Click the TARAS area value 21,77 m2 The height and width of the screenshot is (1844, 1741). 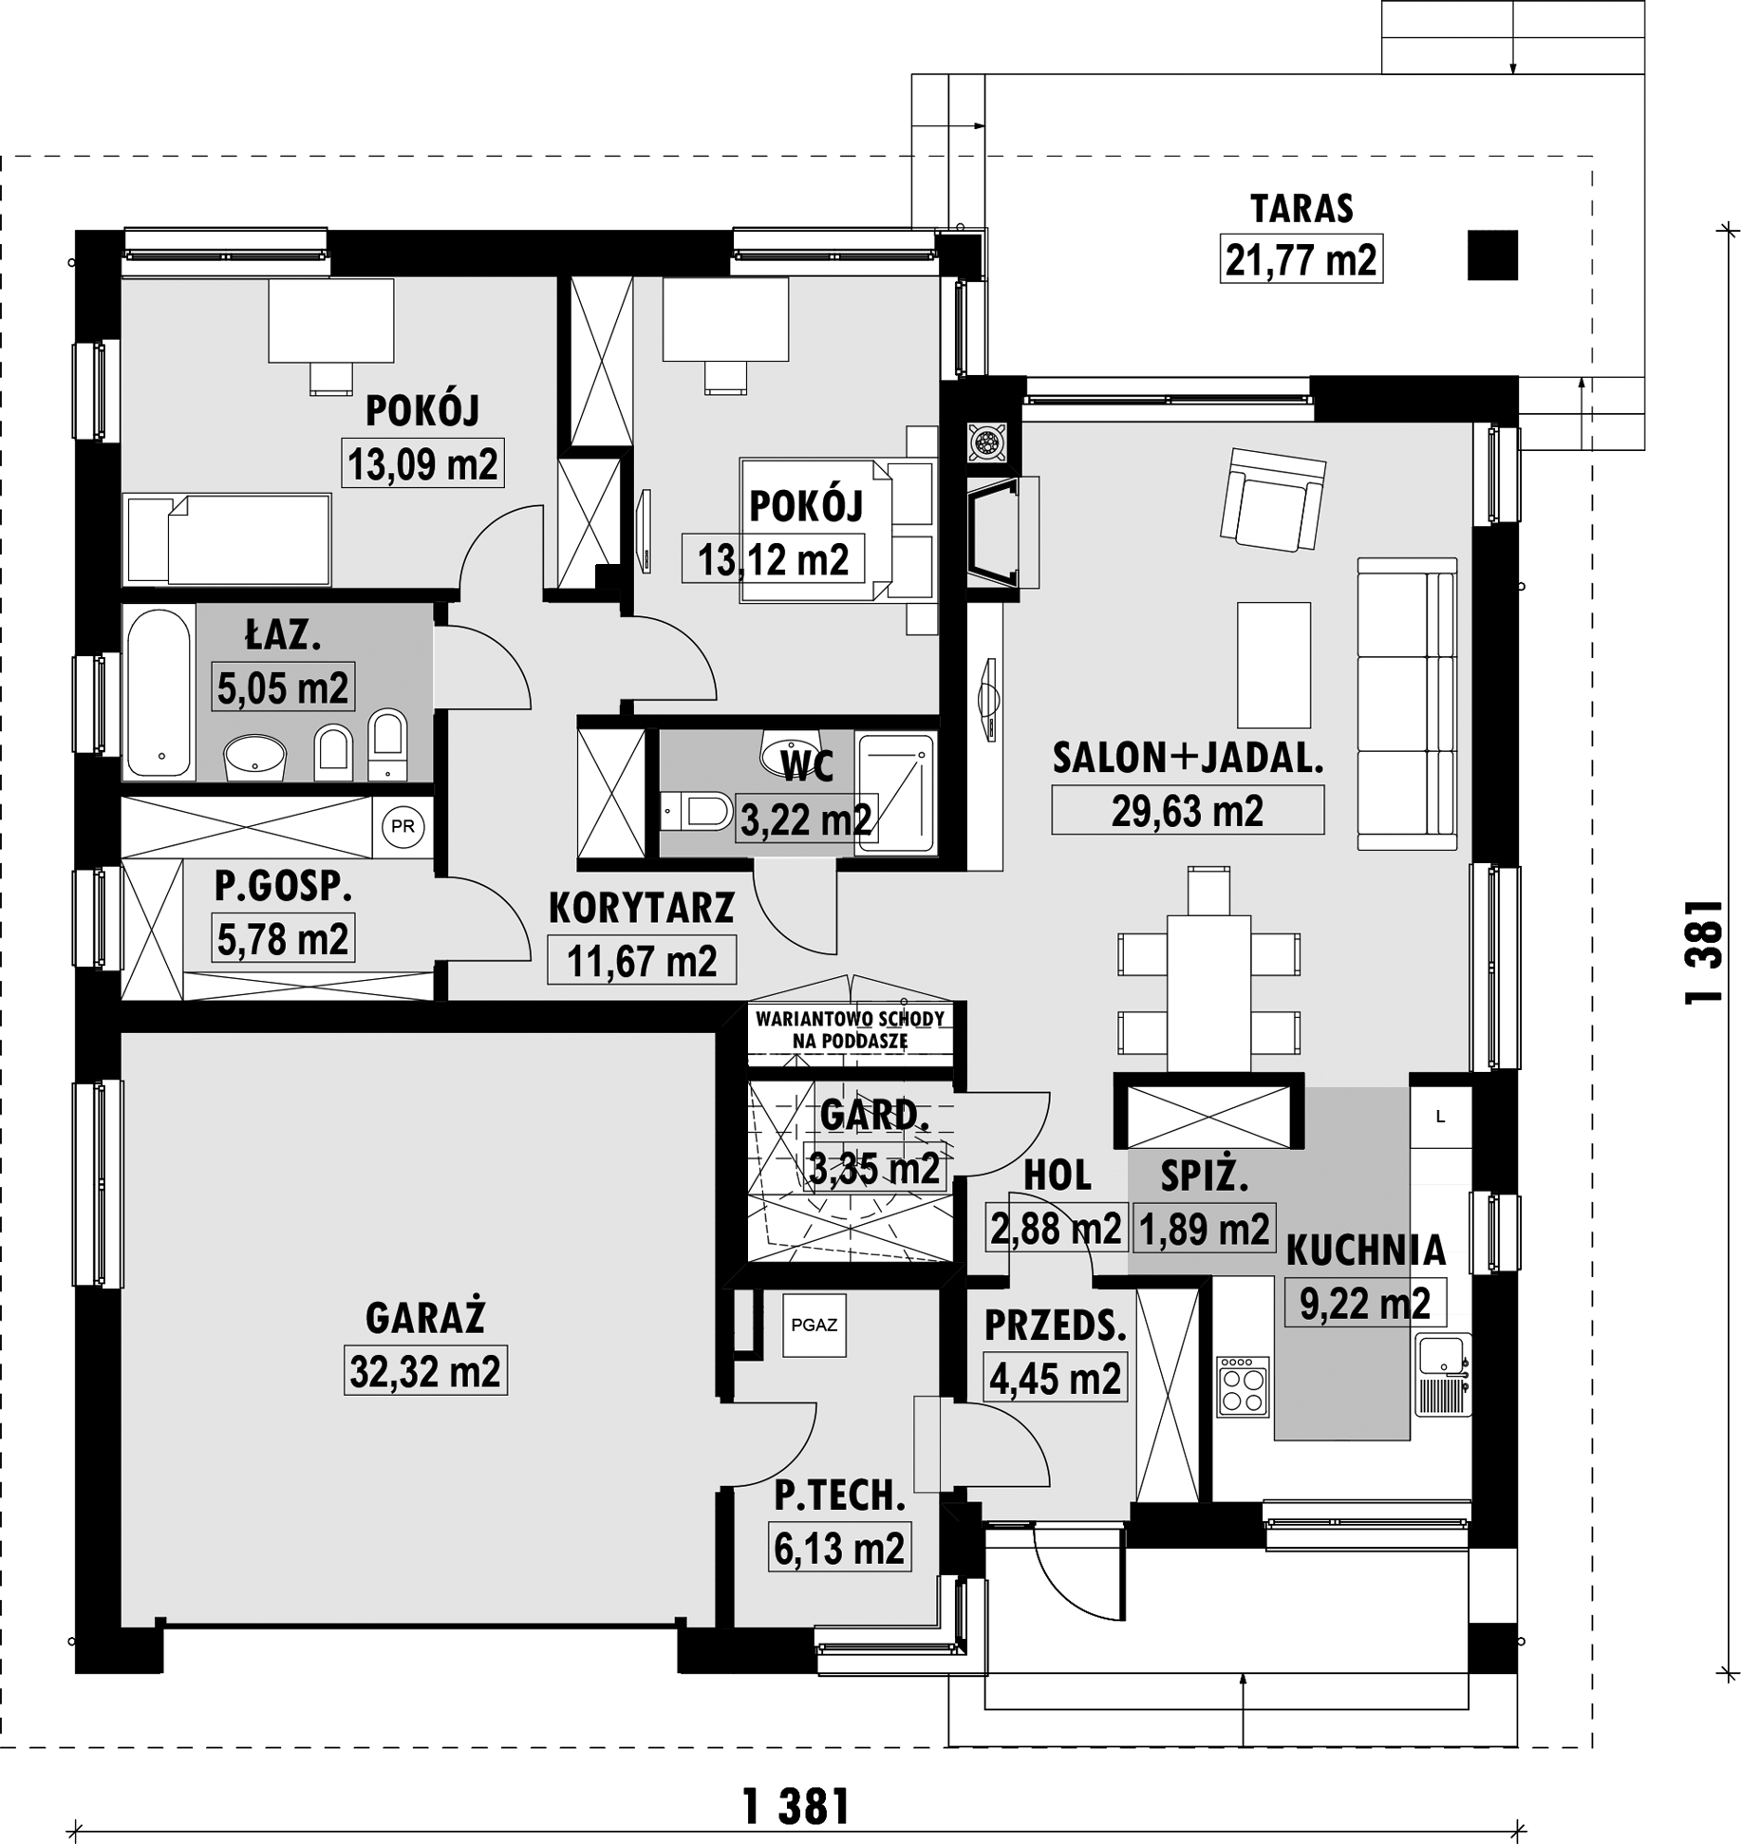click(1301, 259)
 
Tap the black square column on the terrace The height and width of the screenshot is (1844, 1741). click(1492, 255)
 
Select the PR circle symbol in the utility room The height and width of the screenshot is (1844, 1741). click(402, 826)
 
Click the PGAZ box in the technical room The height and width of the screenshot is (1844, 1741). click(814, 1325)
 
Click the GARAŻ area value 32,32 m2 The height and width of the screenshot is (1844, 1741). click(425, 1371)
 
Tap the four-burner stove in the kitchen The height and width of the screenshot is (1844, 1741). click(1244, 1386)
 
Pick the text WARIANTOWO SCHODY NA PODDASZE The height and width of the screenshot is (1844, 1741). click(851, 1029)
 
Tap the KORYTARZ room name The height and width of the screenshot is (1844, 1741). click(642, 908)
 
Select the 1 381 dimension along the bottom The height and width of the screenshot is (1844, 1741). click(796, 1806)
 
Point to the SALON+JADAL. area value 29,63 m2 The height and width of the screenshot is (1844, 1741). click(1188, 811)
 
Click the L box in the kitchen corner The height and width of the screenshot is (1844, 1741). click(1440, 1118)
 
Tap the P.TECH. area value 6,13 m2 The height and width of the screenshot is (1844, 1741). click(839, 1549)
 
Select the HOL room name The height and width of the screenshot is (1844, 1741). click(1057, 1176)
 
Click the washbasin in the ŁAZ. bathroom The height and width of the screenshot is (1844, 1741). click(254, 758)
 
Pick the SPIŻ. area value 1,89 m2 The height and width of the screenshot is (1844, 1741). click(1204, 1229)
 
